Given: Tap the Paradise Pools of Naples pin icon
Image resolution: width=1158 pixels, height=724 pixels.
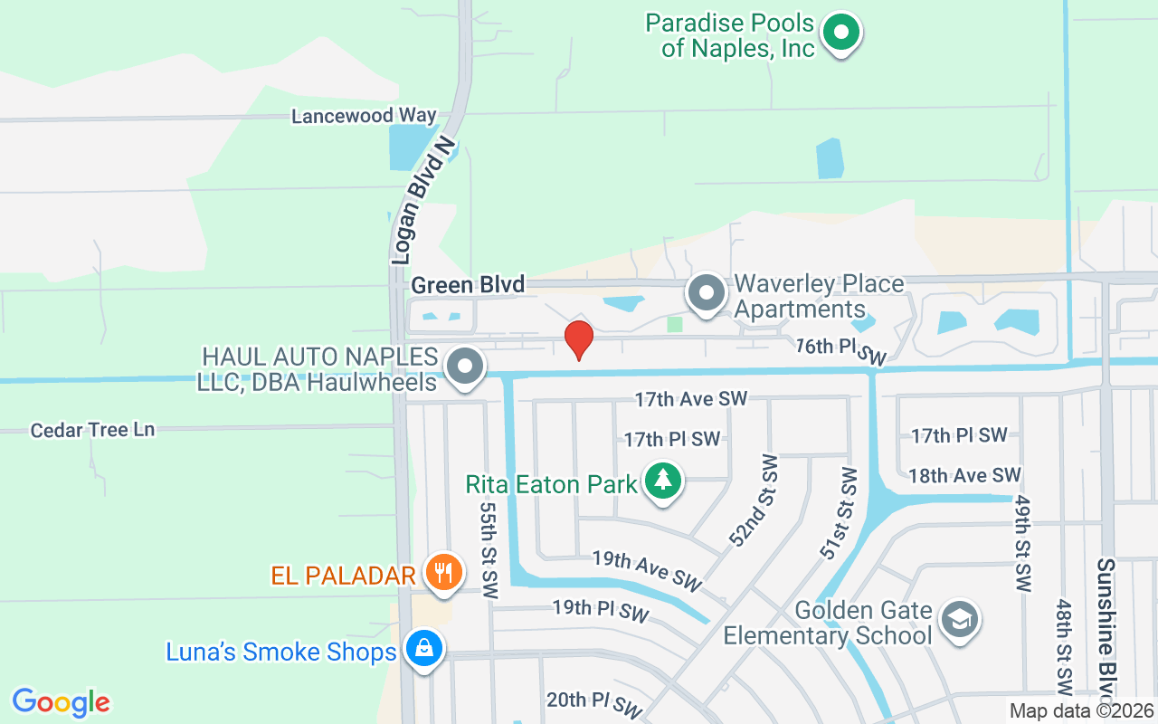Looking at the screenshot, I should (x=841, y=33).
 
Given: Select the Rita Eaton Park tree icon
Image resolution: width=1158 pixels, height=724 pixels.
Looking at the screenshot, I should (x=664, y=479).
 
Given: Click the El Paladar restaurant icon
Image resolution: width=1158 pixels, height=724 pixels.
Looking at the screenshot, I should (x=443, y=573).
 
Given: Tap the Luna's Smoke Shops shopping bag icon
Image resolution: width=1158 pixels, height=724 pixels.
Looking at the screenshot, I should (x=422, y=648).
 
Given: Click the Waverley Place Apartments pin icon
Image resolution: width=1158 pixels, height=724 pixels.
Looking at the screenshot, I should (x=707, y=293).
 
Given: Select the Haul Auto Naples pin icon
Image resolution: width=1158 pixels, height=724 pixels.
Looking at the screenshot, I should (x=466, y=367).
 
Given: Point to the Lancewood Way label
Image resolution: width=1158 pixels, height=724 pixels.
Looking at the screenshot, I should (x=364, y=116).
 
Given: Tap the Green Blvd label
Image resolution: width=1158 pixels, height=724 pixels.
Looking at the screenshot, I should (x=468, y=285).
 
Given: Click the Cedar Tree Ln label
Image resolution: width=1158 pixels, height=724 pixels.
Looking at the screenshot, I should (x=92, y=430).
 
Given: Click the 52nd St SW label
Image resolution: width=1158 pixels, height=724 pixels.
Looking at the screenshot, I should (x=753, y=501).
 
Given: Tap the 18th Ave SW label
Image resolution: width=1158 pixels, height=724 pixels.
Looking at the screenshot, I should (x=964, y=475).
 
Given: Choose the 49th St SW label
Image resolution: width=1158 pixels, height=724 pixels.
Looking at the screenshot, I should (x=1021, y=543).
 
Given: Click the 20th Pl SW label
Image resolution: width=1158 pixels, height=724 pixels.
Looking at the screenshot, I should (x=593, y=702).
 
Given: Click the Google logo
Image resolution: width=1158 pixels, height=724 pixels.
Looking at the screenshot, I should (x=62, y=701).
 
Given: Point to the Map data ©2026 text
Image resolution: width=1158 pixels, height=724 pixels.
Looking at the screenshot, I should (x=1082, y=711).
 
